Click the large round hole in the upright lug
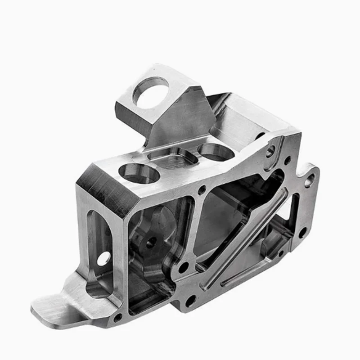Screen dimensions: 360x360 [150, 93]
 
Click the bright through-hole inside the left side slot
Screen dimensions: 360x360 [103, 258]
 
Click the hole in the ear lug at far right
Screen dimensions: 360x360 [309, 180]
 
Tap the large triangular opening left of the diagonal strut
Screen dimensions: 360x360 [220, 216]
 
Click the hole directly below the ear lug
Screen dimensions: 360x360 [303, 232]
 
